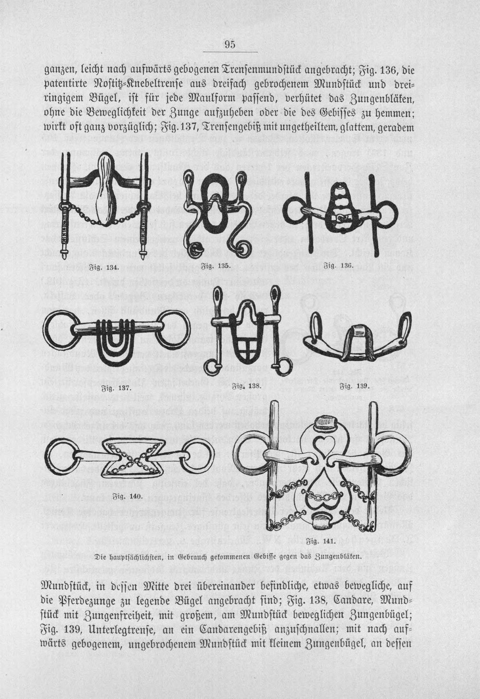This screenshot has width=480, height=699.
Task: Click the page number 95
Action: [230, 44]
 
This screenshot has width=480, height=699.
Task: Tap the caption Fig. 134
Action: [104, 268]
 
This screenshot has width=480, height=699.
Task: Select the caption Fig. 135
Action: [216, 266]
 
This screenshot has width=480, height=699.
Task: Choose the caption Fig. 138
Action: [247, 386]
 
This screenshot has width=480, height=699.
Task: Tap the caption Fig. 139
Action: [355, 386]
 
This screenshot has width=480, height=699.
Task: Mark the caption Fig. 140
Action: [129, 496]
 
